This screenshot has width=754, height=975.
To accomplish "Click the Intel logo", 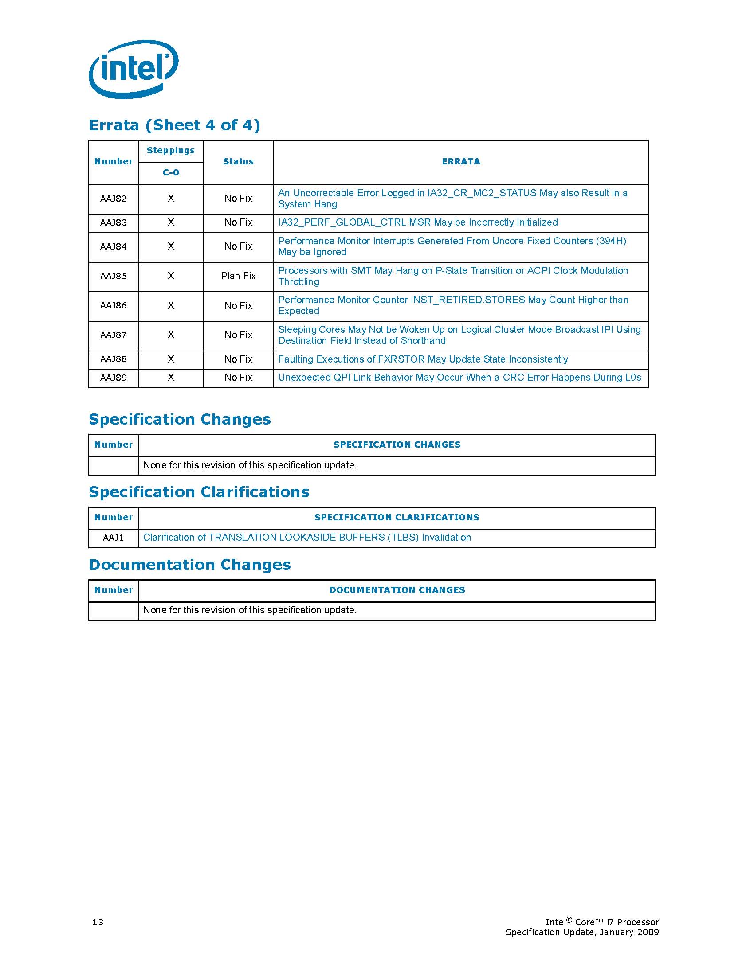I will pyautogui.click(x=134, y=69).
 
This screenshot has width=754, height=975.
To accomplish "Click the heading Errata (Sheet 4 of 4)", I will pyautogui.click(x=174, y=125).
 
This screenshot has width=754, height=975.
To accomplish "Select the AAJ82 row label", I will pyautogui.click(x=114, y=199).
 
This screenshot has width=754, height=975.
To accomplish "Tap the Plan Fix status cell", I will pyautogui.click(x=238, y=276).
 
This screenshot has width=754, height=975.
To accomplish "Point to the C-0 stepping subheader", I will pyautogui.click(x=171, y=173).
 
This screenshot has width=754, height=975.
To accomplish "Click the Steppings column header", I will pyautogui.click(x=171, y=150).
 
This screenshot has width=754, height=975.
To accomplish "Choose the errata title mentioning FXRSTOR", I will pyautogui.click(x=423, y=359).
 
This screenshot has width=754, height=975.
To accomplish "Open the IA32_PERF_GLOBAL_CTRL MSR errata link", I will pyautogui.click(x=418, y=222).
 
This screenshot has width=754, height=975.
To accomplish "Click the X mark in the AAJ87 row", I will pyautogui.click(x=171, y=335).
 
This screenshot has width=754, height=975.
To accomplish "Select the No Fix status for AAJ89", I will pyautogui.click(x=238, y=378).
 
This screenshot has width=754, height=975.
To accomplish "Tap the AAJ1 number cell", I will pyautogui.click(x=114, y=538).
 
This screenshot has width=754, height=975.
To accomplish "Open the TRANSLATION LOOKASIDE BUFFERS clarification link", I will pyautogui.click(x=307, y=538).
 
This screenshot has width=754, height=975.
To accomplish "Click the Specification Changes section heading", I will pyautogui.click(x=180, y=420).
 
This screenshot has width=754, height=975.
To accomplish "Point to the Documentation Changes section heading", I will pyautogui.click(x=190, y=565).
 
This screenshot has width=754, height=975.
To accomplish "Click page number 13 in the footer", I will pyautogui.click(x=98, y=922).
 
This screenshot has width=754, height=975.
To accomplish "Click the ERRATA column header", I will pyautogui.click(x=460, y=162).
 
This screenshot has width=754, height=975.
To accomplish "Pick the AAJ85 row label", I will pyautogui.click(x=114, y=277).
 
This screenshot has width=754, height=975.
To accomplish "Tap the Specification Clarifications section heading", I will pyautogui.click(x=199, y=492).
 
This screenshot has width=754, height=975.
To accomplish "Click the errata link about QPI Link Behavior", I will pyautogui.click(x=459, y=378).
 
